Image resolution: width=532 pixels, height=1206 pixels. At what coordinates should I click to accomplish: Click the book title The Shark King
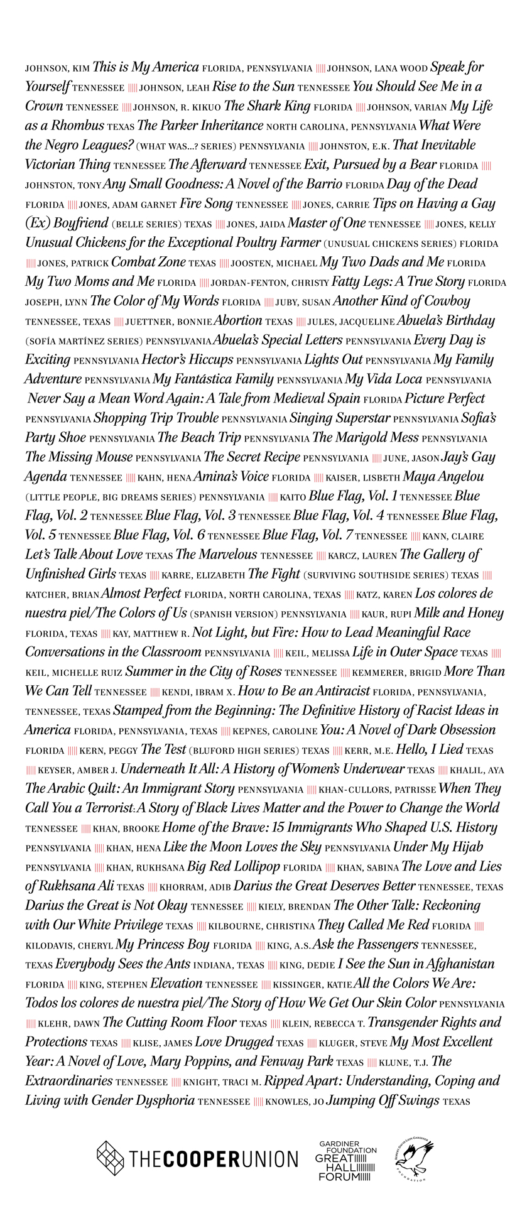267,106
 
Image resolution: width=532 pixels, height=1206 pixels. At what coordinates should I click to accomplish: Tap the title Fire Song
206,204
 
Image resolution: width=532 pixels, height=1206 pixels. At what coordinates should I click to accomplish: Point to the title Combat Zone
148,262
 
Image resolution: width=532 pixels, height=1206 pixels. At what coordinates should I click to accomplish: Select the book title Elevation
176,984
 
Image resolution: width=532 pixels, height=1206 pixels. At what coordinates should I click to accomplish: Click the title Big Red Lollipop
234,867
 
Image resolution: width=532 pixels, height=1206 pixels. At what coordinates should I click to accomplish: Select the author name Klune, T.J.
408,1063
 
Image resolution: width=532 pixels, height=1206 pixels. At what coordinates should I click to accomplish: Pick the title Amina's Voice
231,477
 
